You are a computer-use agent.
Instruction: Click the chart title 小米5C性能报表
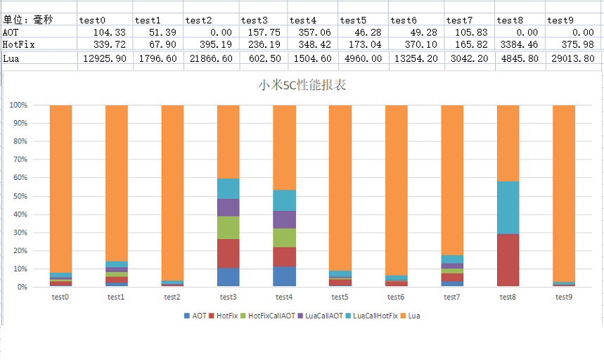tap(302, 86)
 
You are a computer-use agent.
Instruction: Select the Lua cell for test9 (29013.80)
tap(574, 58)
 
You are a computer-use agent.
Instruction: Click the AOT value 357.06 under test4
tap(312, 32)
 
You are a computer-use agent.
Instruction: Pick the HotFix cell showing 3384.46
tap(520, 44)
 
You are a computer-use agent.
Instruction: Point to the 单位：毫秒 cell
tap(27, 20)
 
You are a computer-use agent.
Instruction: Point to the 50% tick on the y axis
tap(18, 196)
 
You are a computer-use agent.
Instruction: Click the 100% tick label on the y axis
tap(18, 105)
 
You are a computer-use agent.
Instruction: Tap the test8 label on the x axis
tap(508, 297)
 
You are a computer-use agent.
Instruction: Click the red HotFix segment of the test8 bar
tap(508, 259)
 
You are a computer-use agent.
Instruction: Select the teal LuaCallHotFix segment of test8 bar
tap(508, 207)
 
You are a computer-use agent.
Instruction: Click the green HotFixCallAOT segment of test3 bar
tap(228, 227)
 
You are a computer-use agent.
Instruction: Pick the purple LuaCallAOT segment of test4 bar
tap(284, 219)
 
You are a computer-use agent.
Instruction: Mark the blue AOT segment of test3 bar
tap(228, 277)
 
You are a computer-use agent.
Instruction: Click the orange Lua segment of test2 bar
tap(172, 190)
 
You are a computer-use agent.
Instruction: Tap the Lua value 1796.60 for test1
tap(158, 58)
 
